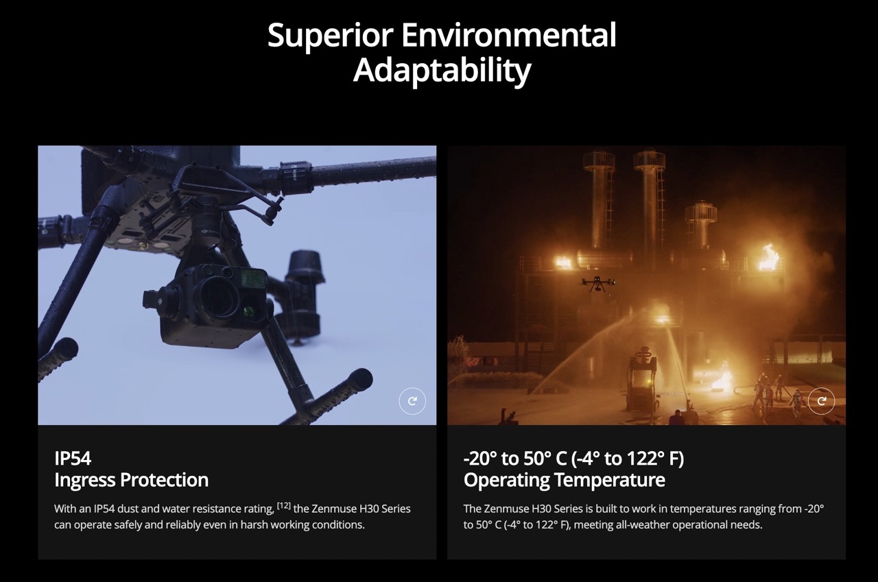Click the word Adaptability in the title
tap(442, 71)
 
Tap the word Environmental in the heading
tap(509, 34)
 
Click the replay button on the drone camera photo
tap(412, 400)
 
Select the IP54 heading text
tap(73, 459)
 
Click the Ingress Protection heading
tap(131, 480)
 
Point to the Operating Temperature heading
tap(564, 480)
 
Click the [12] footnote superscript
tap(284, 506)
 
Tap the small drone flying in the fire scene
tap(597, 284)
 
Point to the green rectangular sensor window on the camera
tap(254, 279)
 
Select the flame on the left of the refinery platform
tap(563, 262)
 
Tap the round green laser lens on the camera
tap(248, 312)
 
